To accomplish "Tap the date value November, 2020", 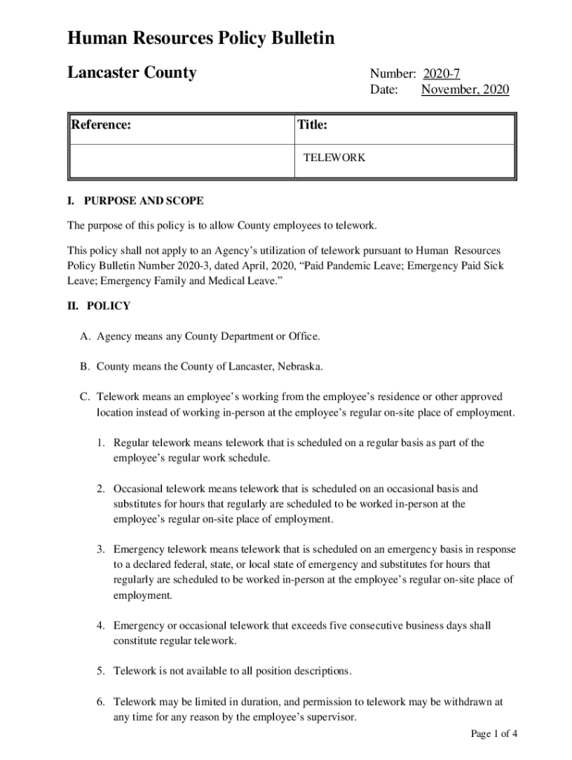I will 465,90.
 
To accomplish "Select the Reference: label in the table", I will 102,125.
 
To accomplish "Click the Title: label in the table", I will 312,125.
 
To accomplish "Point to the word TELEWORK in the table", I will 334,158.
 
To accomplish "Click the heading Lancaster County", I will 131,73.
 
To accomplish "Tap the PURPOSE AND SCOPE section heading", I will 144,201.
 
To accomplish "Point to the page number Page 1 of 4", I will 494,734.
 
